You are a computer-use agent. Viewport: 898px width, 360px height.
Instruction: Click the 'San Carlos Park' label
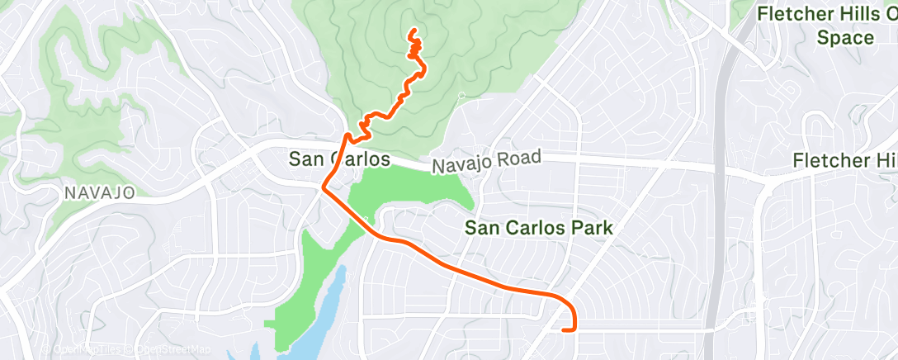[x=537, y=227]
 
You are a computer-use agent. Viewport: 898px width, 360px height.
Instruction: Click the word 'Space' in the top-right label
[x=845, y=38]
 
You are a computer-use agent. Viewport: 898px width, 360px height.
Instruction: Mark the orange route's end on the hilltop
[x=412, y=32]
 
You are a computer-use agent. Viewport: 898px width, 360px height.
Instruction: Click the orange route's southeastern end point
[x=564, y=330]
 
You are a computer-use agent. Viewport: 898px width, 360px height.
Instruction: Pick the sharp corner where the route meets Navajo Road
[x=323, y=188]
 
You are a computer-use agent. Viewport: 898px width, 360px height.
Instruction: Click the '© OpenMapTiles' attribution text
[x=78, y=350]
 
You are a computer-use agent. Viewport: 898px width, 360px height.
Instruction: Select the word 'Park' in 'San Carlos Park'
[x=590, y=227]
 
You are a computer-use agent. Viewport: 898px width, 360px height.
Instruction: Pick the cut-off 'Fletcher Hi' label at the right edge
[x=844, y=161]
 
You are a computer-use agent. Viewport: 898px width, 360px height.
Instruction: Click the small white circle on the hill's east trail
[x=461, y=95]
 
